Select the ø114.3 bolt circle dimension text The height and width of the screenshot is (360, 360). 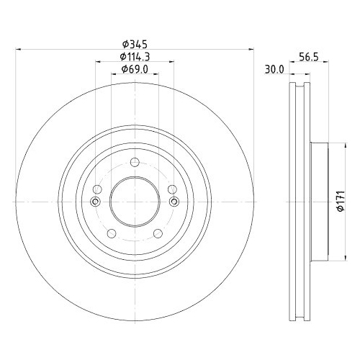pos(134,57)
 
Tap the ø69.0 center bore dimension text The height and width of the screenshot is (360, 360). pos(134,69)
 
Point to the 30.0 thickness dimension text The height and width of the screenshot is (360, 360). pos(274,70)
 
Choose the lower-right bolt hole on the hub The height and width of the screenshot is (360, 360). pos(156,233)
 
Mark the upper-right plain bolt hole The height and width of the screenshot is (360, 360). pos(172,189)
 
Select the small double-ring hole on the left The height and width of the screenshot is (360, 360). pos(95,202)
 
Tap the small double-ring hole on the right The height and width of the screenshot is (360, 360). pos(173,202)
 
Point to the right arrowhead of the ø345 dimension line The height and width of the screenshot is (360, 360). pos(251,50)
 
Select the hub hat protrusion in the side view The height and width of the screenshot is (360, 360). pos(319,200)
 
